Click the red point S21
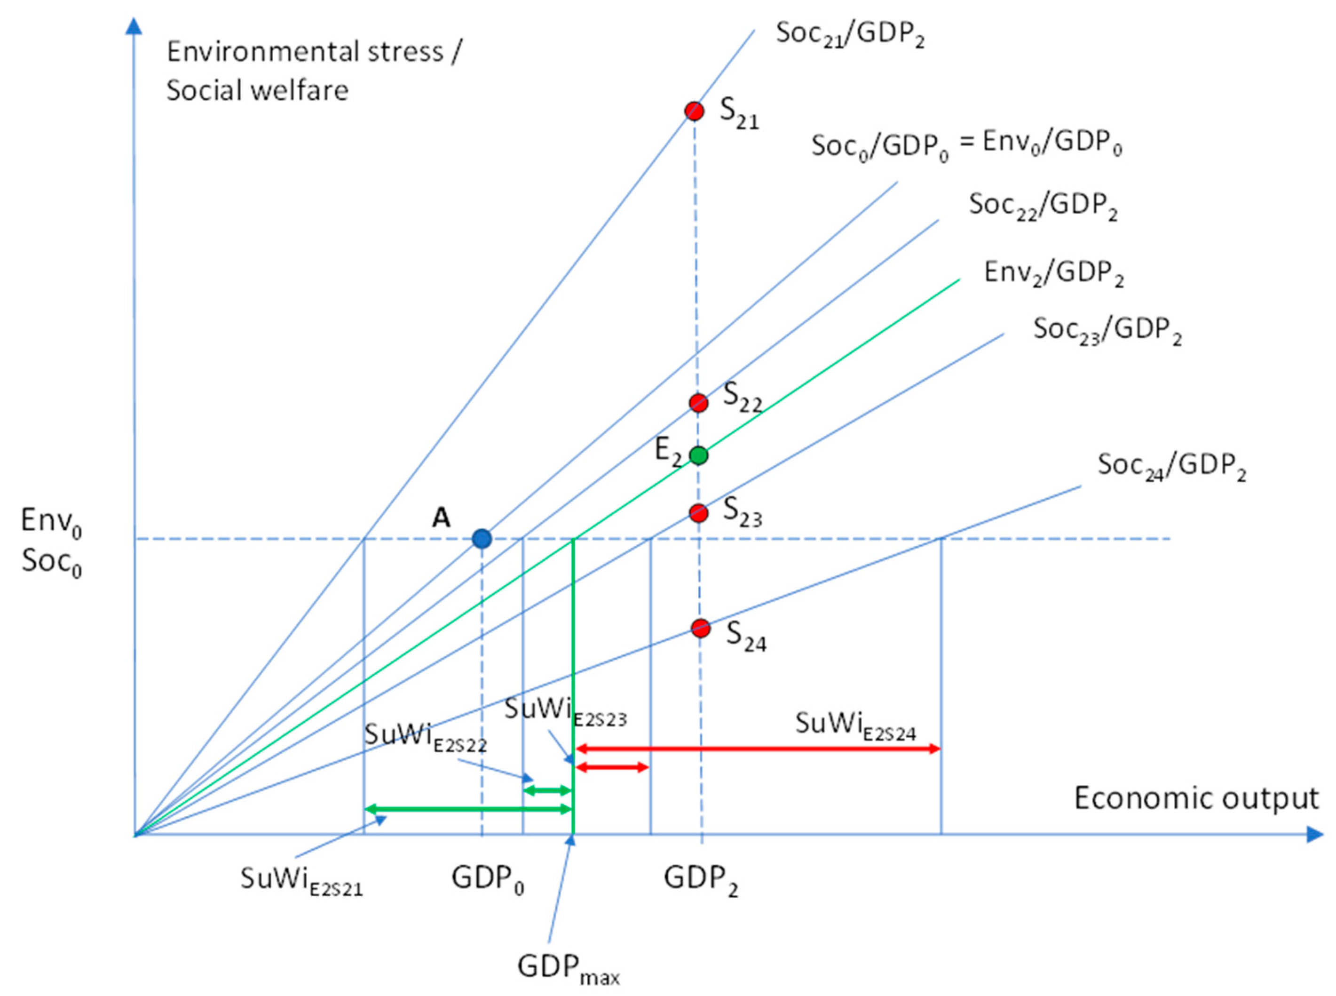(x=694, y=111)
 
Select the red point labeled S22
(x=698, y=403)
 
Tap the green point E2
(x=698, y=455)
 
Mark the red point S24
(x=700, y=628)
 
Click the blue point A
(x=482, y=538)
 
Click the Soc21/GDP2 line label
(x=850, y=34)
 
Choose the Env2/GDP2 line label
(x=1053, y=273)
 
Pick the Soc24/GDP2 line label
(x=1171, y=466)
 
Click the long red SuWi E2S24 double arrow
(x=758, y=749)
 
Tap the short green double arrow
(x=546, y=790)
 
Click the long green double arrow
(x=467, y=809)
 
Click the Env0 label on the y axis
(x=51, y=521)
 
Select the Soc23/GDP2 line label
(x=1107, y=330)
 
